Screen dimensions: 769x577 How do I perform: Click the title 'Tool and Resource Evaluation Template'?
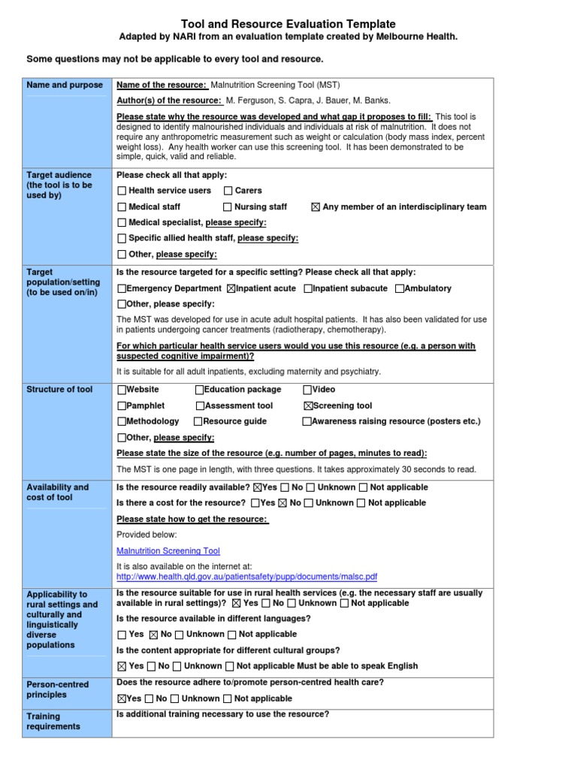(288, 24)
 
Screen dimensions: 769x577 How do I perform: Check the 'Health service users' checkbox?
(122, 191)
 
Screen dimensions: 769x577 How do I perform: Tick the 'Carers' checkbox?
(228, 191)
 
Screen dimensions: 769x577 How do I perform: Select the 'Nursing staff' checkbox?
(228, 207)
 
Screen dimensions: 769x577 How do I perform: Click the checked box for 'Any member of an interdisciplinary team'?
(316, 207)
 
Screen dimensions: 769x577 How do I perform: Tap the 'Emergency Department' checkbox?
(122, 288)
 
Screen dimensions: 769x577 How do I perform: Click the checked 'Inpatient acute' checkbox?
(231, 288)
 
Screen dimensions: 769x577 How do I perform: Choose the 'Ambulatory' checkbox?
(400, 288)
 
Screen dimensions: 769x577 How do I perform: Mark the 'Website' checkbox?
(122, 390)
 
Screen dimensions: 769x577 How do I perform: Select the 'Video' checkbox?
(307, 390)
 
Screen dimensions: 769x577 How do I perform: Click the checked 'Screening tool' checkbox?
(307, 406)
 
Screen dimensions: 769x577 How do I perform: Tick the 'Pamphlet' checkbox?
(122, 406)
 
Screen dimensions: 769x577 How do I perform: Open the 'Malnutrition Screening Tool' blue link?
(168, 550)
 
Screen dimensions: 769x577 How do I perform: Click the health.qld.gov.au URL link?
(246, 577)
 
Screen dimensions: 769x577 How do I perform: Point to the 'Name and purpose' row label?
(65, 85)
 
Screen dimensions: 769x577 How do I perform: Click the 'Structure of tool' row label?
(60, 390)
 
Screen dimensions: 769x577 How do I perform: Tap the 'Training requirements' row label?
(53, 721)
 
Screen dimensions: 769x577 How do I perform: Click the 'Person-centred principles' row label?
(58, 689)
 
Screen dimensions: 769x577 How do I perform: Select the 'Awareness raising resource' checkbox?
(307, 421)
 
